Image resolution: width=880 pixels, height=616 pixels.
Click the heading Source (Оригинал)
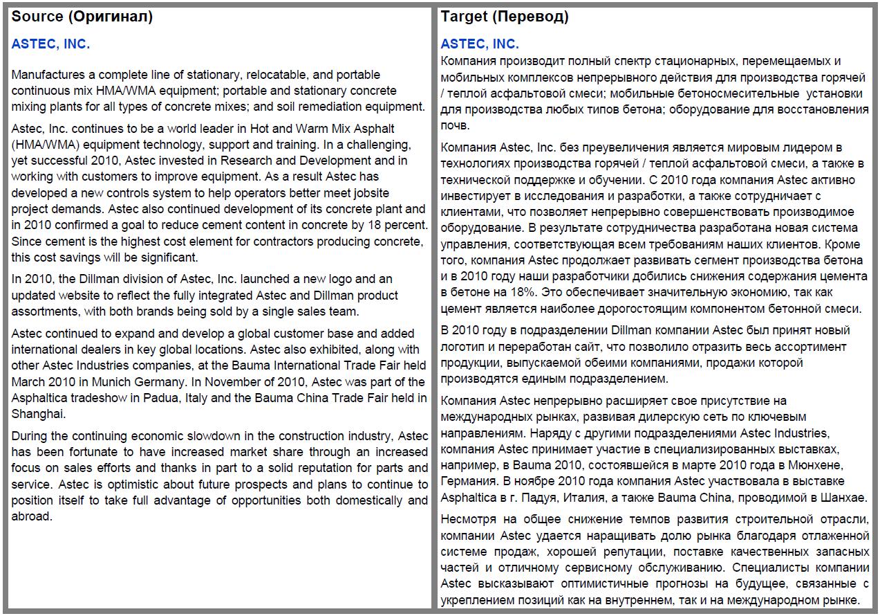click(82, 17)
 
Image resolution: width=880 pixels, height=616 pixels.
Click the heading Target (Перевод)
click(505, 17)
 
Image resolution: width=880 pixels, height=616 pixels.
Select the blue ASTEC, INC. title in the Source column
click(50, 44)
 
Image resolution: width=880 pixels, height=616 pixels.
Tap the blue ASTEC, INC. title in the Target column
click(480, 44)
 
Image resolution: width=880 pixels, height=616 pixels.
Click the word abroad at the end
click(32, 516)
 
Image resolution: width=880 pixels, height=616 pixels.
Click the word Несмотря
click(469, 520)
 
